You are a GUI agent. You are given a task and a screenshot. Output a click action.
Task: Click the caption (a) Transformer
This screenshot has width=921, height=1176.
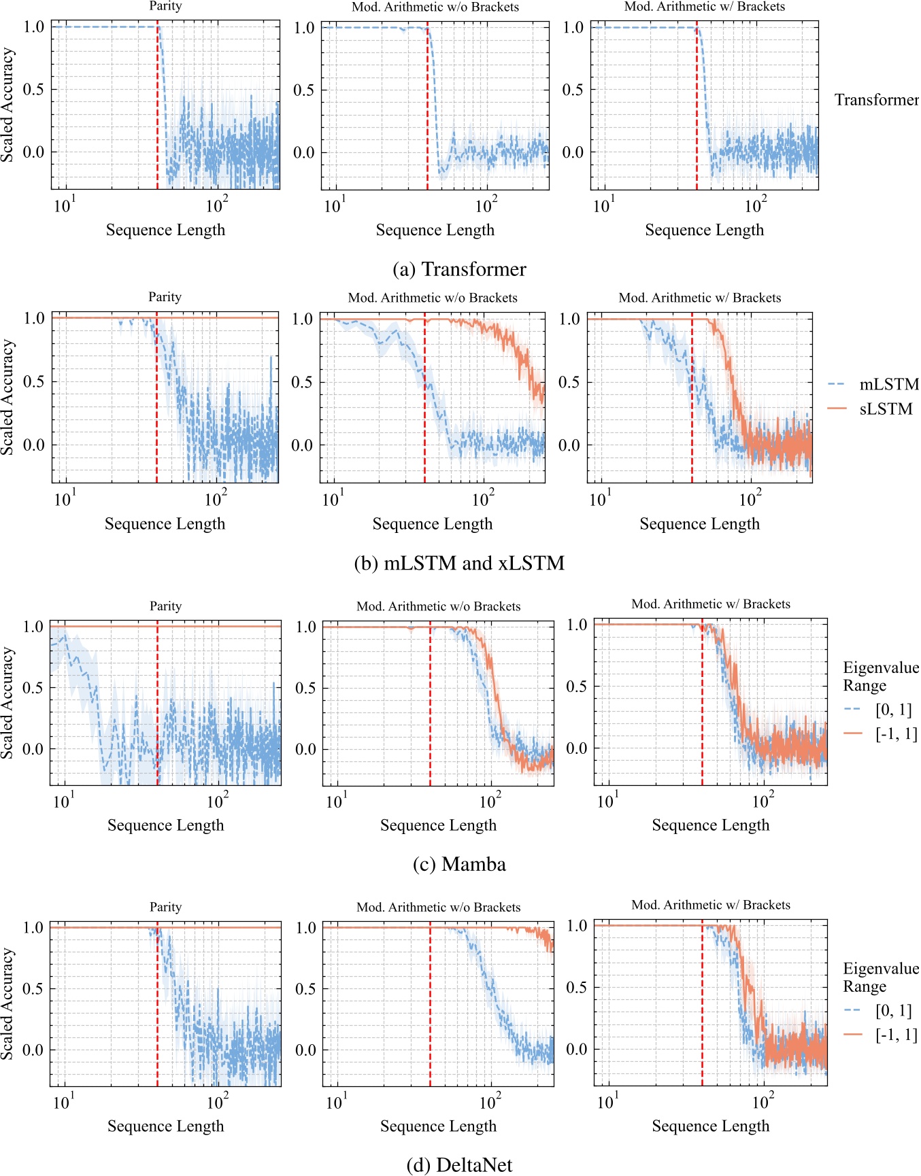pyautogui.click(x=459, y=269)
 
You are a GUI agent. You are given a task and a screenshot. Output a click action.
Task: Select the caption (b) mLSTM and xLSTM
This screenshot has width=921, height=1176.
pyautogui.click(x=459, y=564)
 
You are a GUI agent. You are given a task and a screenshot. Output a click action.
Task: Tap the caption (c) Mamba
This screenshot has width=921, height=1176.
pyautogui.click(x=459, y=865)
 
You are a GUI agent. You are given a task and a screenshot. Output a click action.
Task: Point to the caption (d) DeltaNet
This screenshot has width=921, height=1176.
pyautogui.click(x=459, y=1165)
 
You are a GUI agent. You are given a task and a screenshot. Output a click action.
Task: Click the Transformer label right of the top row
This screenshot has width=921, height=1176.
pyautogui.click(x=876, y=101)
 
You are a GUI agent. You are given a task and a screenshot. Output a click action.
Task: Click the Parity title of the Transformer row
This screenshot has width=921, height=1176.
pyautogui.click(x=165, y=6)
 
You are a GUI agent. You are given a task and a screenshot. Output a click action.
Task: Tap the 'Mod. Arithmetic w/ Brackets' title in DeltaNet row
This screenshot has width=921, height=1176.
pyautogui.click(x=710, y=905)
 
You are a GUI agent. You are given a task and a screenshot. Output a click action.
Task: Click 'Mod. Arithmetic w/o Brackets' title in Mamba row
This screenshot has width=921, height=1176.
pyautogui.click(x=438, y=606)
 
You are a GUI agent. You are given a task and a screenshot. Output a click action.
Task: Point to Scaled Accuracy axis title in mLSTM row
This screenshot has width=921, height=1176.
pyautogui.click(x=7, y=398)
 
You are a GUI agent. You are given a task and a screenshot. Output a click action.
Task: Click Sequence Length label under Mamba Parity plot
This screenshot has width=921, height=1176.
pyautogui.click(x=165, y=825)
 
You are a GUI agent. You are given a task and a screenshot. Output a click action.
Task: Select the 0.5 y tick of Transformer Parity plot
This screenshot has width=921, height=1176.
pyautogui.click(x=34, y=90)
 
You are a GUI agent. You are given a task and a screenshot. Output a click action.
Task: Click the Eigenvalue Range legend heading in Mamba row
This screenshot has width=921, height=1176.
pyautogui.click(x=880, y=676)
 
